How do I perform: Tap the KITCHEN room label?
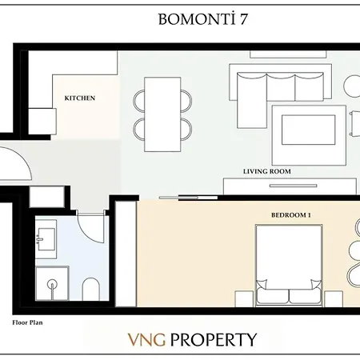[x=80, y=98]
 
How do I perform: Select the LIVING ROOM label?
[x=266, y=171]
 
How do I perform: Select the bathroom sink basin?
[x=45, y=238]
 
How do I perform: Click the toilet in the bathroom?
[x=90, y=287]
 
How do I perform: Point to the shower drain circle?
[x=53, y=283]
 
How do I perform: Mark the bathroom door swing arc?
[x=94, y=226]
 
